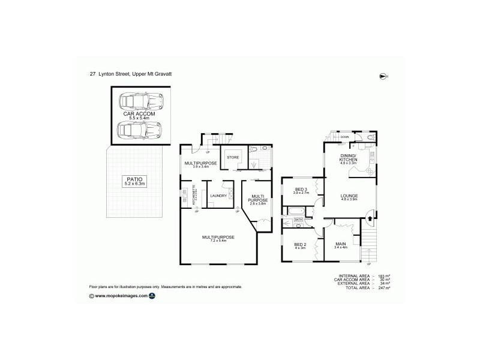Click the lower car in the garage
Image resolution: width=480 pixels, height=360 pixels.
tap(139, 128)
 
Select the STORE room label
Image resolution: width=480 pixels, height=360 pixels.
tap(233, 158)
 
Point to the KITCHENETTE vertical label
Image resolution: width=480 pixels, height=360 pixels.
tap(194, 194)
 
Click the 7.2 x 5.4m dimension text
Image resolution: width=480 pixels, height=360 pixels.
tap(218, 242)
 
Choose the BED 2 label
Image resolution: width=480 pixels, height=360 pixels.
tap(299, 244)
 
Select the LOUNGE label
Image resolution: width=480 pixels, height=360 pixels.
tap(349, 195)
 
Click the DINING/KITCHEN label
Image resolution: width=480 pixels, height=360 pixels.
tap(349, 159)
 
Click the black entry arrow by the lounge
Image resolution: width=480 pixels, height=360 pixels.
tap(369, 211)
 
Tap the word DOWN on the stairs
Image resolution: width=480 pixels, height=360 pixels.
tap(344, 137)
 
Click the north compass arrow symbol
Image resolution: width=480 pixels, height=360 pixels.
tap(383, 76)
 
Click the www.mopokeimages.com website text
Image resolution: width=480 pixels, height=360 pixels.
tap(121, 296)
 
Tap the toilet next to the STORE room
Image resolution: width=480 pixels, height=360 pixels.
tap(254, 148)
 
